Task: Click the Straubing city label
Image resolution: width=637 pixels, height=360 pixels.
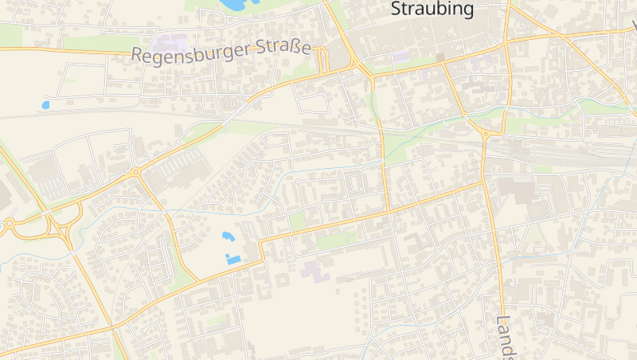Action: pos(432,10)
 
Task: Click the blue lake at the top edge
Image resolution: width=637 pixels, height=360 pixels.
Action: pos(233,5)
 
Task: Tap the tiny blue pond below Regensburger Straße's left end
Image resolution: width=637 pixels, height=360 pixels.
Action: pos(45,104)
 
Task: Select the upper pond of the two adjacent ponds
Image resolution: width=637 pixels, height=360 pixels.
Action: pos(228,237)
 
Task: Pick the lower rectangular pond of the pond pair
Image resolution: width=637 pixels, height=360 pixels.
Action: pos(233,259)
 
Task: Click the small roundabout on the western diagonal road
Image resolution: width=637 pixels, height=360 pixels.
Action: pos(136,172)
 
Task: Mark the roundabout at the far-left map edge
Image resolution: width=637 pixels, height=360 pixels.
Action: pos(10,224)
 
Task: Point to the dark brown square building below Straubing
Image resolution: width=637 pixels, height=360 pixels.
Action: pos(440,58)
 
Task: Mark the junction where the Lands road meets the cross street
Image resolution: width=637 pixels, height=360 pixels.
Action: pos(484,182)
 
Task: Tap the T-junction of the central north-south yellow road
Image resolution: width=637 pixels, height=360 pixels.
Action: pos(388,211)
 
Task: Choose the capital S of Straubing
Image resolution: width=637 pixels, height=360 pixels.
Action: pos(397,10)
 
